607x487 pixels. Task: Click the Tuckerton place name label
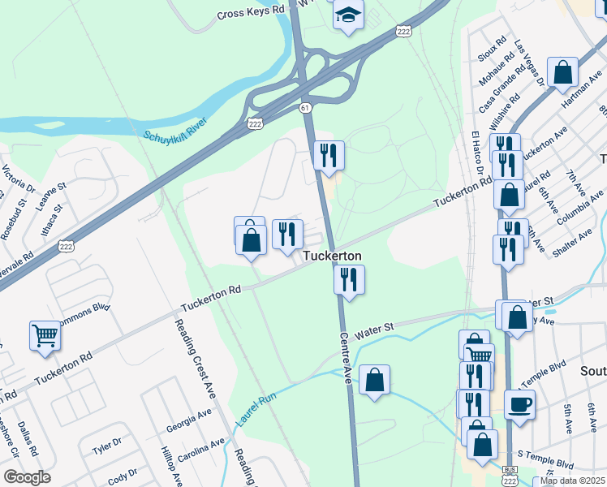click(332, 256)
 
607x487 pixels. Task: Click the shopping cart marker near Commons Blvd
click(45, 334)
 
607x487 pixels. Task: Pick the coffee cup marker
click(519, 403)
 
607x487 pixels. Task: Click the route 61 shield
click(304, 107)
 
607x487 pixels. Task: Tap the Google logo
click(27, 477)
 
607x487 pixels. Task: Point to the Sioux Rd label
click(494, 50)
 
